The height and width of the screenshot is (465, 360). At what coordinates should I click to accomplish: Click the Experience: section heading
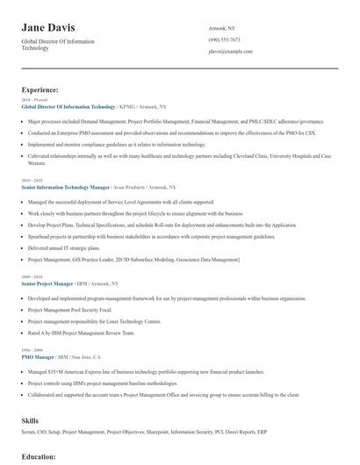tap(40, 89)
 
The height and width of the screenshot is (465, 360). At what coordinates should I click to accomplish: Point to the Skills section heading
tap(31, 420)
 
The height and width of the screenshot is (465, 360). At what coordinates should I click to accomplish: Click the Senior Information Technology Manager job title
tap(65, 187)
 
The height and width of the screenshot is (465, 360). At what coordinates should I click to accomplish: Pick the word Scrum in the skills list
tap(29, 433)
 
